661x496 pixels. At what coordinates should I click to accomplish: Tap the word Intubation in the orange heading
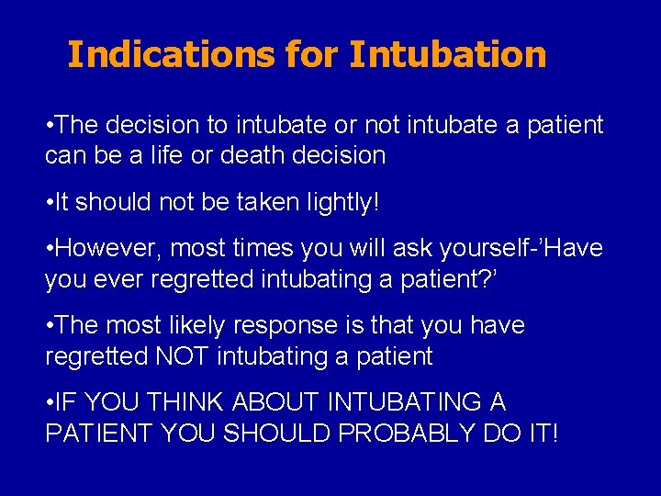point(447,54)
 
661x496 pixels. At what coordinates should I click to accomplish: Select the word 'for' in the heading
point(311,54)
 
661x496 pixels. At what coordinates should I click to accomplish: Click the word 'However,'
point(107,249)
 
